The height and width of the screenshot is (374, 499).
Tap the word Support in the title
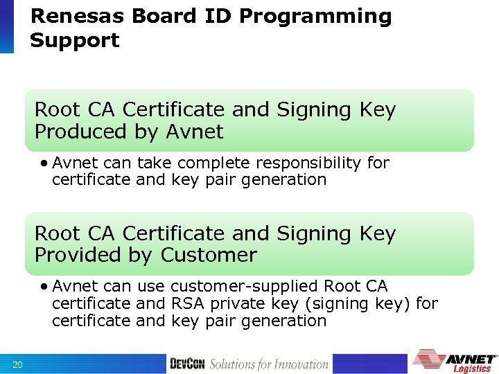point(74,40)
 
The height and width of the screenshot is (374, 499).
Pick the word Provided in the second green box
point(78,255)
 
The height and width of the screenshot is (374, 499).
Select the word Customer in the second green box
point(209,255)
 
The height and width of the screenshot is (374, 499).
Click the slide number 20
point(19,364)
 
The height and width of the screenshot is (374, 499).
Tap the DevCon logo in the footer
point(187,364)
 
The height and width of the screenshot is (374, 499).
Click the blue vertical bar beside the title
point(6,26)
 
